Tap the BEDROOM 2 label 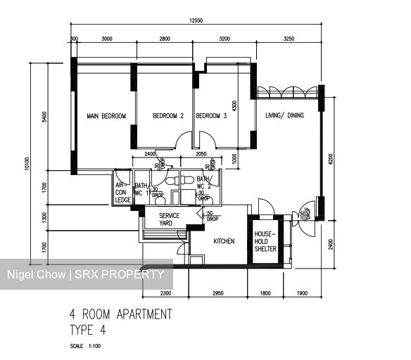click(168, 116)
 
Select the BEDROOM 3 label click(211, 116)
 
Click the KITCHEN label click(224, 241)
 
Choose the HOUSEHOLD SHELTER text click(266, 240)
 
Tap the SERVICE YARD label click(169, 219)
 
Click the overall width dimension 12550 click(196, 21)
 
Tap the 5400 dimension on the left click(44, 117)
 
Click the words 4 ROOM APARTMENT click(120, 314)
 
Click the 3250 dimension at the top click(289, 39)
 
